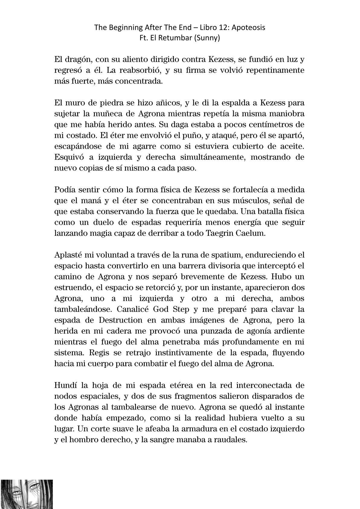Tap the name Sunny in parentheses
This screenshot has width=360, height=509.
pos(208,38)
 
